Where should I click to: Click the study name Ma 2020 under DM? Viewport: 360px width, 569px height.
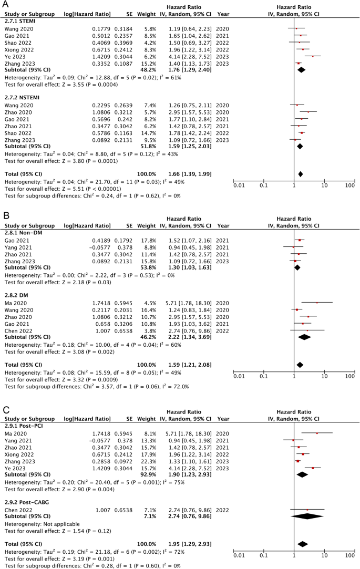click(15, 302)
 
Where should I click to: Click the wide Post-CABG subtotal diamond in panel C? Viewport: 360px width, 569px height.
click(308, 516)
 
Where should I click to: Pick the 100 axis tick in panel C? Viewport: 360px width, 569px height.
click(349, 555)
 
